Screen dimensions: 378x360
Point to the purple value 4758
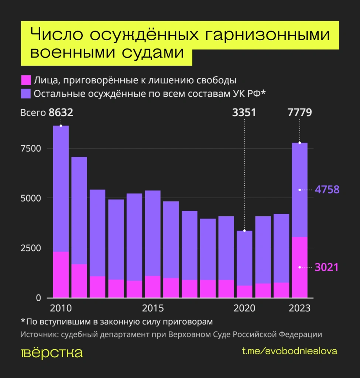coord(327,190)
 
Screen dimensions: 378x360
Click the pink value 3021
coord(327,267)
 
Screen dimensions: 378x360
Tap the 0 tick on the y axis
coord(38,298)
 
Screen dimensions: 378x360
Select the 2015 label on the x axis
coord(153,308)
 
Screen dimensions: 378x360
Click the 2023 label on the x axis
coord(299,308)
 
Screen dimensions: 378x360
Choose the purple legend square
coord(25,93)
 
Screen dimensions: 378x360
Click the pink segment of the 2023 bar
coord(299,267)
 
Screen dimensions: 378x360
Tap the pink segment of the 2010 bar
coord(61,275)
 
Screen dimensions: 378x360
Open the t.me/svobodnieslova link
coord(289,351)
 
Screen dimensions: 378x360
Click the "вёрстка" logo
coord(52,352)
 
